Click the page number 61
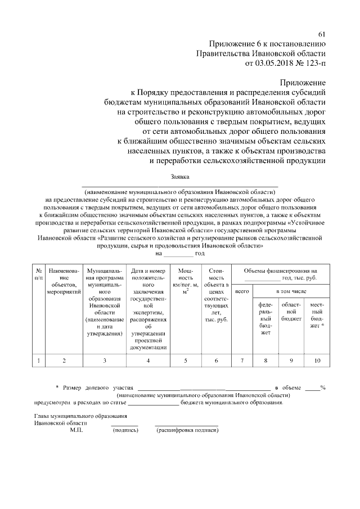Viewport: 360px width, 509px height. tap(321, 35)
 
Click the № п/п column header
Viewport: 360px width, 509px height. tap(38, 274)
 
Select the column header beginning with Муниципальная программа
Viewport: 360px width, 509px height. tap(105, 302)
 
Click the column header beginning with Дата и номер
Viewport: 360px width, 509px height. tap(148, 309)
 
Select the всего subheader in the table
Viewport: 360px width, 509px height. tap(242, 292)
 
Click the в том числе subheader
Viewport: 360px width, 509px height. tap(291, 291)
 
